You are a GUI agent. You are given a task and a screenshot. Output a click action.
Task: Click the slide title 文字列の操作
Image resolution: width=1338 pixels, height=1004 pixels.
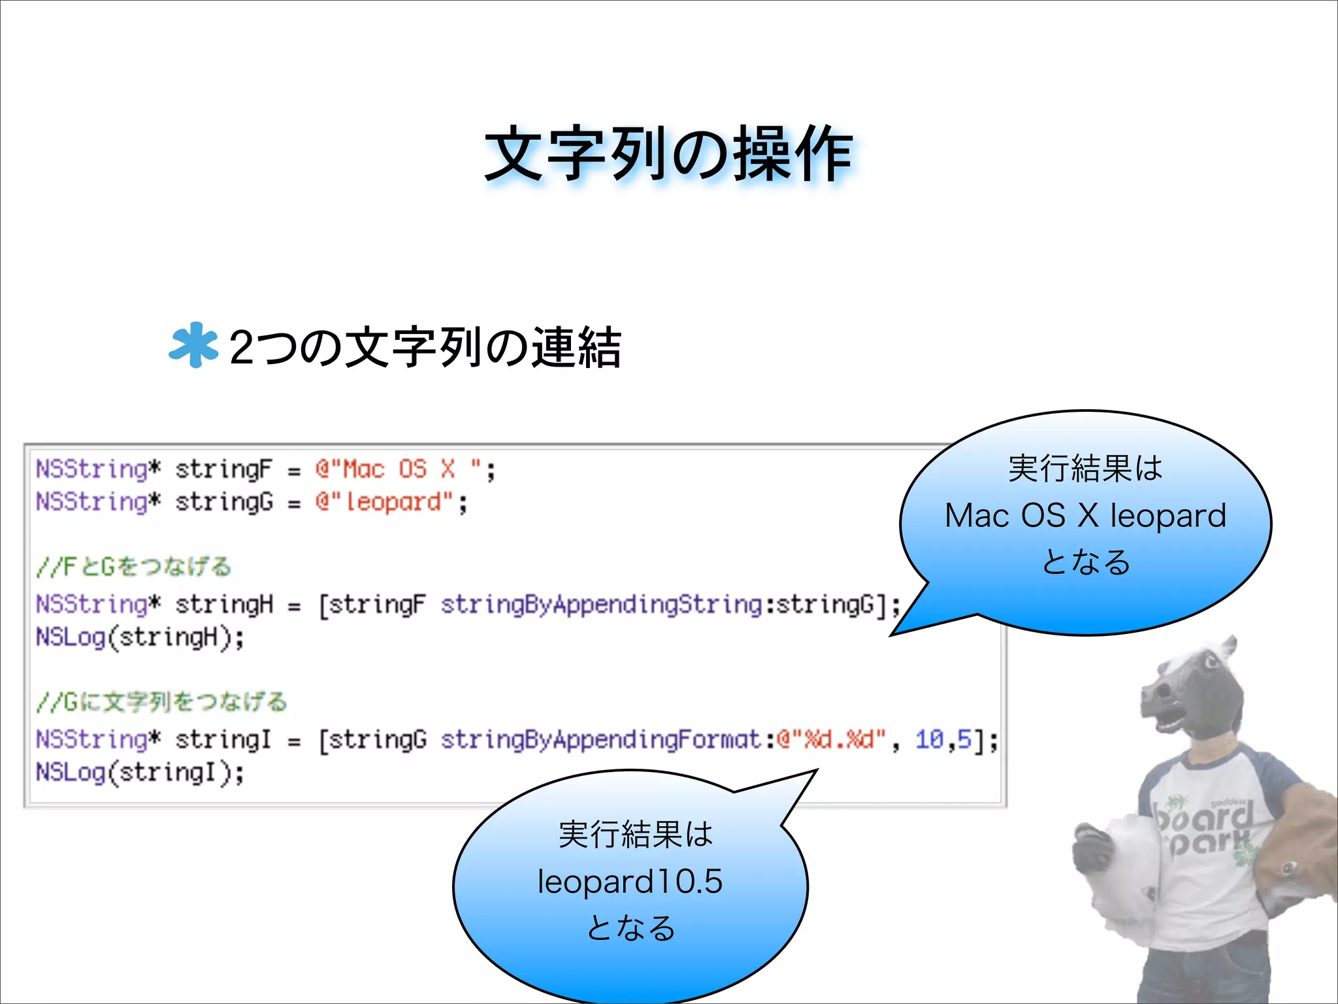click(668, 154)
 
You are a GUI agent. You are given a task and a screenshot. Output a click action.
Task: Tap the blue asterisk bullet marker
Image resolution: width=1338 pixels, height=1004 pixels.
click(193, 345)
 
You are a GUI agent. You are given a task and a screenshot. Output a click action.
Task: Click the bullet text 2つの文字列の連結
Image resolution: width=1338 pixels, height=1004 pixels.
click(425, 347)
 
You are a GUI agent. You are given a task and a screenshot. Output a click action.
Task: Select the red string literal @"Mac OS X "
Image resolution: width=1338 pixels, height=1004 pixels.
click(405, 469)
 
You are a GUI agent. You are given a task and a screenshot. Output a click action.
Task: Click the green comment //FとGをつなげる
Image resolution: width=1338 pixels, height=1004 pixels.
click(134, 566)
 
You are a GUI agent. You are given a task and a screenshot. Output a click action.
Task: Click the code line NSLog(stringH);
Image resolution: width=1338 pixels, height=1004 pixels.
click(140, 637)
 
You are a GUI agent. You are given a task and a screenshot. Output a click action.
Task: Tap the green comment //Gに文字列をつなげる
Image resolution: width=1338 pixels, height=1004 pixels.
click(162, 701)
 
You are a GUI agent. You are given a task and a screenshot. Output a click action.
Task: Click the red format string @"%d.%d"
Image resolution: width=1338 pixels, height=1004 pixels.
click(831, 740)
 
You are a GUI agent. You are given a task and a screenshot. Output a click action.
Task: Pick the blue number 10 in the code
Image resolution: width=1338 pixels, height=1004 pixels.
click(929, 740)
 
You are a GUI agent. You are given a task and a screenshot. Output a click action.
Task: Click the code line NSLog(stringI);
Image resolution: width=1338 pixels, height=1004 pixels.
click(140, 773)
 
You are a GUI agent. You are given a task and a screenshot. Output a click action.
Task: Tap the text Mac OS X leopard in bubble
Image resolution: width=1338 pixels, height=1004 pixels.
click(1085, 516)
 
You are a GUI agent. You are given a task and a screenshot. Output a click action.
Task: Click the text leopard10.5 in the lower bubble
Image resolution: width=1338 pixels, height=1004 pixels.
click(630, 881)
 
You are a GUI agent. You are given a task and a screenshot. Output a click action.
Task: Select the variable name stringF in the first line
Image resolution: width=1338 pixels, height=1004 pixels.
click(223, 469)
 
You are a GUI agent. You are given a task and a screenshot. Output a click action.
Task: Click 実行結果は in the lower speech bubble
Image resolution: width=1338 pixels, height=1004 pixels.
click(635, 835)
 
